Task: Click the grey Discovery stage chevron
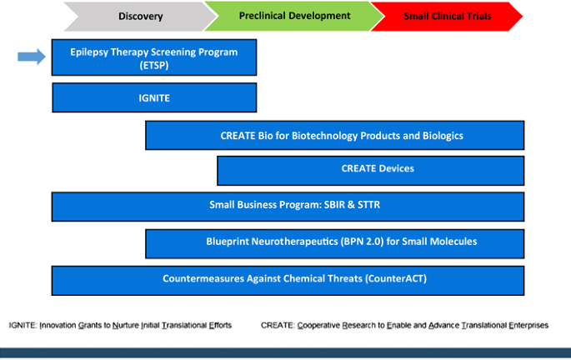click(x=141, y=17)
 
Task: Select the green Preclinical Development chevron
click(x=294, y=17)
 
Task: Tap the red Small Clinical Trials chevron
click(x=447, y=17)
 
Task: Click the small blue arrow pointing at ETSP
click(x=32, y=57)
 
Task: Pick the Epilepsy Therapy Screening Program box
click(x=154, y=57)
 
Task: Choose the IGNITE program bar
click(x=154, y=97)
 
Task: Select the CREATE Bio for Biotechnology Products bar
click(x=334, y=135)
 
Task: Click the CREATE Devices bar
click(x=371, y=171)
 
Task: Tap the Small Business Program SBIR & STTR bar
click(x=288, y=207)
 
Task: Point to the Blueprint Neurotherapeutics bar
click(x=334, y=244)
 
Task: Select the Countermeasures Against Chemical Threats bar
click(x=288, y=281)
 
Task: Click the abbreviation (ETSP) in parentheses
click(x=154, y=65)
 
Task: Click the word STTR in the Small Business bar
click(x=369, y=205)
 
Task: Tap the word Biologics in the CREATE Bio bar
click(x=443, y=136)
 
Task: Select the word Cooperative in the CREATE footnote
click(x=318, y=325)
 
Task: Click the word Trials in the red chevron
click(x=478, y=17)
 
